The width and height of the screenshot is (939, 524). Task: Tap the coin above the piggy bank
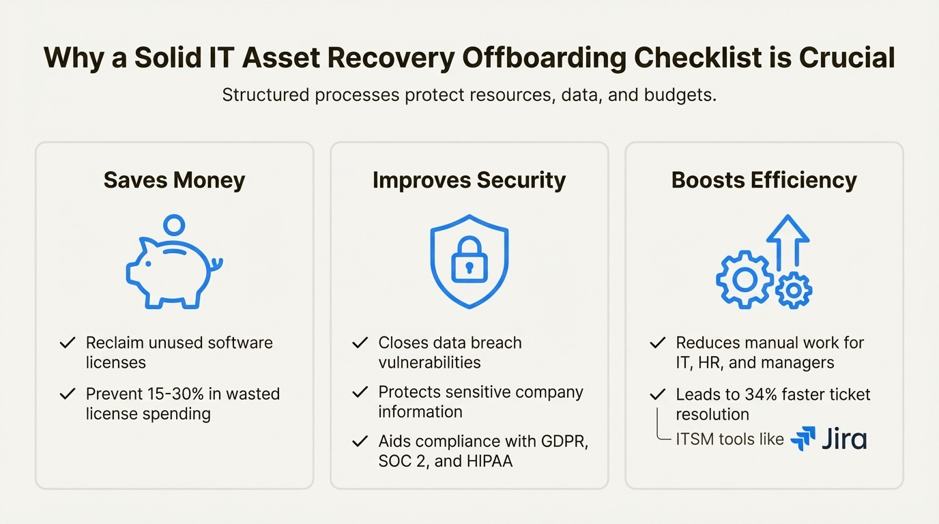(x=175, y=224)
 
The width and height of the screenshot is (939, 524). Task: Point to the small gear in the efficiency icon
(x=793, y=290)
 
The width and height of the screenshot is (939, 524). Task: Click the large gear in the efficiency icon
(x=744, y=278)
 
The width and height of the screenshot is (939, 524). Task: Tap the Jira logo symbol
(x=803, y=439)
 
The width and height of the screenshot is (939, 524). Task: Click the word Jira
(x=844, y=439)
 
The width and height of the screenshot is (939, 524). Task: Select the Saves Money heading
(x=174, y=180)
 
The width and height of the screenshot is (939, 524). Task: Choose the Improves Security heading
(x=469, y=180)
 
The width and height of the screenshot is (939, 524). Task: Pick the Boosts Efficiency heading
(x=764, y=180)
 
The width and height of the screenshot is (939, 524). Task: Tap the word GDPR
(x=564, y=441)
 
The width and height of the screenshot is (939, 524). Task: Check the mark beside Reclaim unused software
(x=68, y=343)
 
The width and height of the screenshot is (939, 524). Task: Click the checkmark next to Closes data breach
(x=360, y=343)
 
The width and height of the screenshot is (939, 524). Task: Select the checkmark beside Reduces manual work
(x=657, y=343)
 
